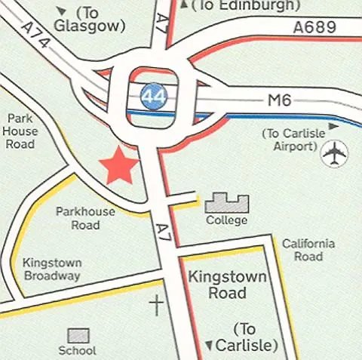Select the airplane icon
point(333,154)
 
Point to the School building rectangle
point(79,335)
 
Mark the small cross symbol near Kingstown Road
point(156,305)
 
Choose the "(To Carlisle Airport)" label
point(288,140)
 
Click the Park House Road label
point(22,131)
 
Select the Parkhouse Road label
point(85,218)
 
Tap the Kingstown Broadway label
point(51,269)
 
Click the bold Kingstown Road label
point(228,285)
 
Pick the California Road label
point(308,250)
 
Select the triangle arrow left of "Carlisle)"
point(208,346)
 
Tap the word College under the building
point(226,220)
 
